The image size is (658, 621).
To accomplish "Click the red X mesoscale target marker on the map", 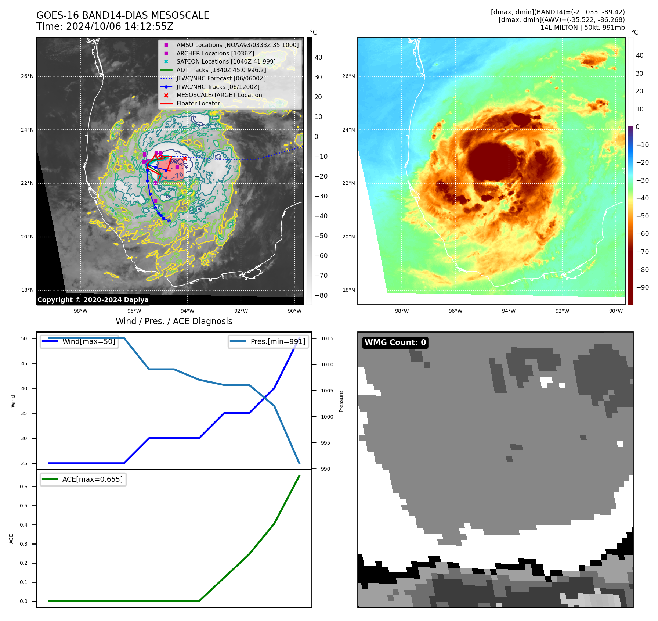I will pos(185,158).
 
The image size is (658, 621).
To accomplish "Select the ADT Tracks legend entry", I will pos(221,70).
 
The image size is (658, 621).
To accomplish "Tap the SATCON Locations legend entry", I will pos(226,61).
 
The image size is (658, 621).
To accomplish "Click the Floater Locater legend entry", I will pos(198,103).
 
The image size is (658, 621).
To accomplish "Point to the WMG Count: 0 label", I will pos(395,342).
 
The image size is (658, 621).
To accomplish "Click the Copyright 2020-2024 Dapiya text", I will pos(93,300).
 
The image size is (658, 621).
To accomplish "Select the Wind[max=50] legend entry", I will pos(88,341).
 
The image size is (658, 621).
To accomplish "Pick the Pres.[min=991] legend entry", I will pos(278,341).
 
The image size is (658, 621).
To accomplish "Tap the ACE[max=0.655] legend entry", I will pos(92,479).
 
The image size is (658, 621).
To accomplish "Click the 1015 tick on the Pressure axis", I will pos(327,338).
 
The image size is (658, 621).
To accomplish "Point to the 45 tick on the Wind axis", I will pos(24,363).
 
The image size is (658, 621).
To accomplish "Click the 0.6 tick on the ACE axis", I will pos(24,487).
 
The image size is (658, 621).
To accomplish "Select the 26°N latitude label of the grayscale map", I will pos(27,76).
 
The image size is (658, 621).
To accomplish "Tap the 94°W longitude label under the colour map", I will pos(509,311).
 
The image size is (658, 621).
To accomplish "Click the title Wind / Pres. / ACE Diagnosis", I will pos(174,321).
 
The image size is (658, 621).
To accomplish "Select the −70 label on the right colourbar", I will pos(642,252).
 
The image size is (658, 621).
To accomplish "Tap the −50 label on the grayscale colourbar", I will pos(321,236).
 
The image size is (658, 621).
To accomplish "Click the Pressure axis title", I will pos(341,401).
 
